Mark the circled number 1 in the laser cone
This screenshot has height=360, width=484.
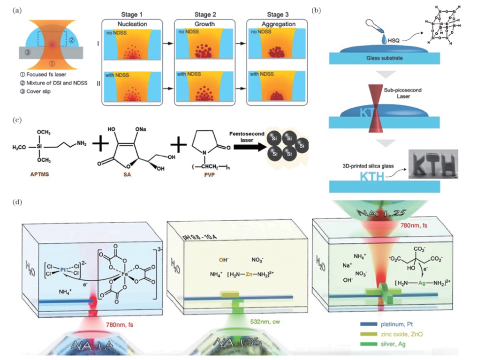click(x=52, y=62)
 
